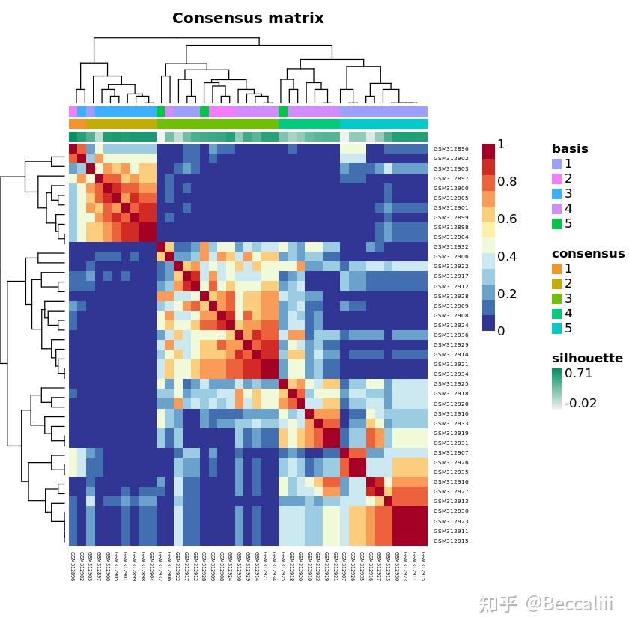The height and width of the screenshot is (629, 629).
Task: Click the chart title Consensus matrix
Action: click(248, 18)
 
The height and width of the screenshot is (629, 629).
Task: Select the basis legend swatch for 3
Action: click(556, 193)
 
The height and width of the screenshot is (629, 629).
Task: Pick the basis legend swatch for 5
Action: click(556, 223)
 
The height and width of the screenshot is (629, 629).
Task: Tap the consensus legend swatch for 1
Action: click(556, 268)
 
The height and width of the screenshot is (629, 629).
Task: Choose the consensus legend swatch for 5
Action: click(556, 328)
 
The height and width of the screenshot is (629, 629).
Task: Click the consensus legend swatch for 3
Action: click(556, 298)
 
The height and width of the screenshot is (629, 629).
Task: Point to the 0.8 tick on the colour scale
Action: click(507, 181)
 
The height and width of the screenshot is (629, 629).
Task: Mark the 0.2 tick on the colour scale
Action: click(507, 294)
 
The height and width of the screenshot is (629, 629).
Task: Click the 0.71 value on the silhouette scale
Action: click(579, 373)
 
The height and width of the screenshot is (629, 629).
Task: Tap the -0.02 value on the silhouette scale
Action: click(581, 403)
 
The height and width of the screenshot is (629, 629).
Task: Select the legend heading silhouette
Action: click(587, 358)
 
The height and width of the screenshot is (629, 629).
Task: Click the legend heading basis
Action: click(570, 148)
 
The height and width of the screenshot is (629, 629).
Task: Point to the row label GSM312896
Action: click(451, 149)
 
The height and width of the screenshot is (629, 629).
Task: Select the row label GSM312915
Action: click(451, 541)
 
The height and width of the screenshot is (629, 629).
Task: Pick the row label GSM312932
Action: click(451, 247)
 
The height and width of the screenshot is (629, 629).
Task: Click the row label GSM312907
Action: click(451, 453)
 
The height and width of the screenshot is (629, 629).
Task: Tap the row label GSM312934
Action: click(451, 374)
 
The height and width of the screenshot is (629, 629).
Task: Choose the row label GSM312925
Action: click(451, 384)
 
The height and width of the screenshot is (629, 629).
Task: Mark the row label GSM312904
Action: click(451, 237)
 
